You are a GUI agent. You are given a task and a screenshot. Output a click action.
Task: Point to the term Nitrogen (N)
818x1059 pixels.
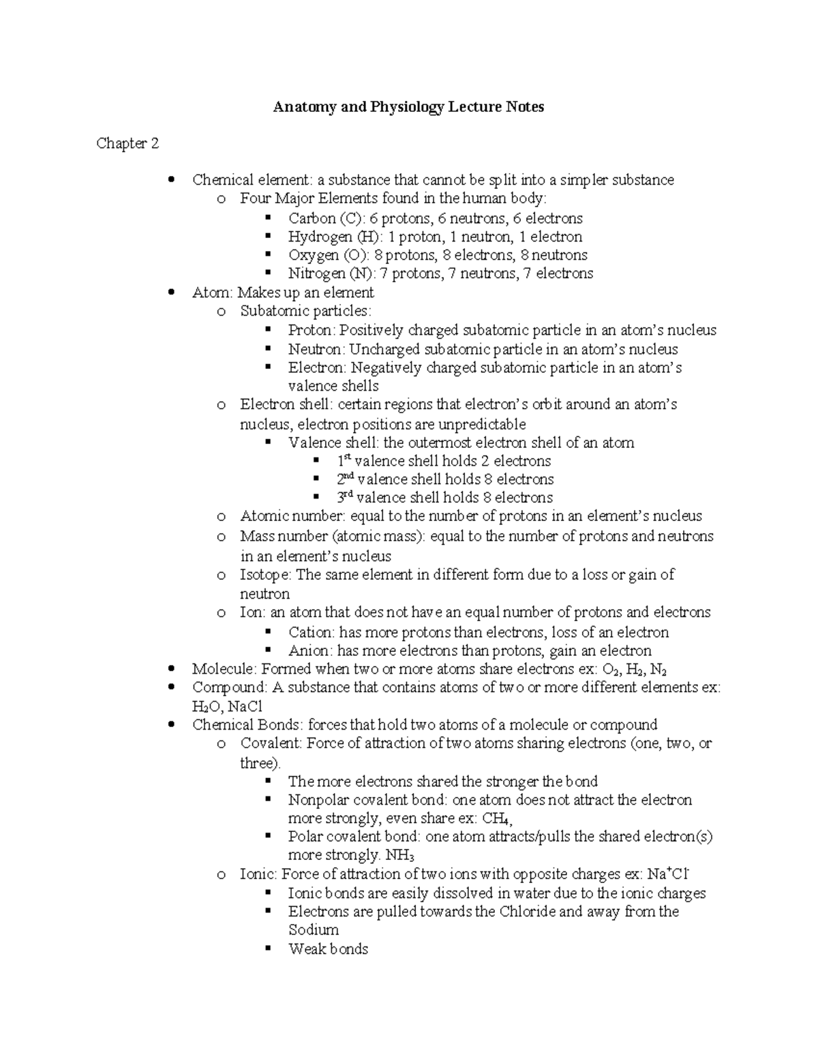click(x=327, y=273)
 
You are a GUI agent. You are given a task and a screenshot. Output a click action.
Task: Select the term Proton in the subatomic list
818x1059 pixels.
click(x=311, y=331)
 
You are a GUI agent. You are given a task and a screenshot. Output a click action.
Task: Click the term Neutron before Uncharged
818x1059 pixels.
click(x=316, y=349)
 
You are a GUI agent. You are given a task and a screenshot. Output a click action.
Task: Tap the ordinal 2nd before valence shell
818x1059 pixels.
click(x=345, y=479)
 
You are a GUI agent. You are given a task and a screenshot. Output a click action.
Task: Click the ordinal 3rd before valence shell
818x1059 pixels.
click(x=344, y=497)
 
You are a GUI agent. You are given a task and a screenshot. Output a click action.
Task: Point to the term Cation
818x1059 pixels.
click(x=310, y=632)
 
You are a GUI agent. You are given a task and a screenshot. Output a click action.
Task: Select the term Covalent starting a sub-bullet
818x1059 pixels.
click(x=269, y=743)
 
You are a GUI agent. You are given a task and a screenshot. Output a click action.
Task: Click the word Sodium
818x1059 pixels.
click(x=314, y=930)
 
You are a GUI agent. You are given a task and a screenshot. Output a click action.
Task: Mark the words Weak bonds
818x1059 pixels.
click(x=328, y=949)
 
